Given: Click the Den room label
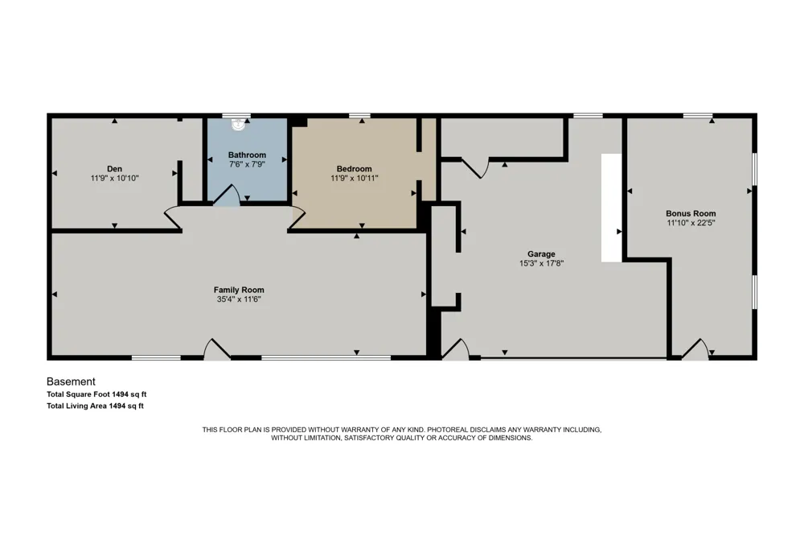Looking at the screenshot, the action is click(114, 169).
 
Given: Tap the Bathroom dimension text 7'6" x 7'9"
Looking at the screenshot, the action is click(247, 164).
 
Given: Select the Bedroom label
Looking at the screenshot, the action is click(355, 169).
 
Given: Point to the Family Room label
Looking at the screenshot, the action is click(239, 290).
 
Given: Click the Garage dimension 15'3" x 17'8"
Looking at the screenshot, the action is click(541, 263).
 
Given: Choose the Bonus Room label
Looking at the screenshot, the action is click(691, 213).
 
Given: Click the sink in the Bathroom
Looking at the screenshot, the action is click(239, 124).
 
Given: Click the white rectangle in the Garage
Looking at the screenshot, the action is click(612, 208).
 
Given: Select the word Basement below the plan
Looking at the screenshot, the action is click(71, 381).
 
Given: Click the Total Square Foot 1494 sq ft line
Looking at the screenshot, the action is click(96, 394).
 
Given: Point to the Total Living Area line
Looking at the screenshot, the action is click(95, 406).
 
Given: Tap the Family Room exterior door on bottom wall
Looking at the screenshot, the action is click(217, 348).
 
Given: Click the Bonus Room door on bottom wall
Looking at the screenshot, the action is click(695, 349).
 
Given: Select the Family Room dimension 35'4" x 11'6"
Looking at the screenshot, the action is click(239, 299).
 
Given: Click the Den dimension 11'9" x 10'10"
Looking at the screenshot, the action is click(114, 179).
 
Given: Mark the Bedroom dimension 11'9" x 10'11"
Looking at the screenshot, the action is click(355, 179).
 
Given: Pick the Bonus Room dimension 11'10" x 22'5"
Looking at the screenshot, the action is click(691, 223).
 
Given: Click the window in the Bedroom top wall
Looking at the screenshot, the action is click(360, 116).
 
